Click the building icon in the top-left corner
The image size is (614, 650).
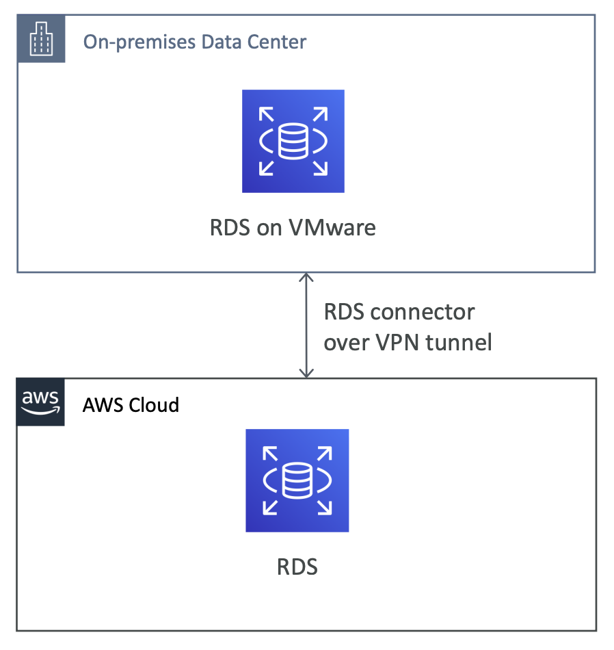click(x=41, y=39)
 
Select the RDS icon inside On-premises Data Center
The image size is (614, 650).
click(x=293, y=141)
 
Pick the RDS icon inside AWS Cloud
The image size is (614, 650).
click(x=297, y=480)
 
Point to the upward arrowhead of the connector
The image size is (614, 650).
click(x=307, y=277)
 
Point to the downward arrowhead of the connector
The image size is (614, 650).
click(x=307, y=373)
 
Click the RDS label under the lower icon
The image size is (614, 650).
click(x=297, y=567)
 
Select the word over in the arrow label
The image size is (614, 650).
click(x=347, y=341)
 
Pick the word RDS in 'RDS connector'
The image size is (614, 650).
click(x=343, y=313)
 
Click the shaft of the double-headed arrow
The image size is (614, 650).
click(x=307, y=325)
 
